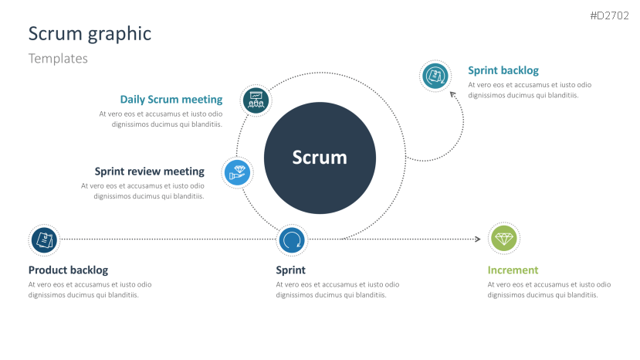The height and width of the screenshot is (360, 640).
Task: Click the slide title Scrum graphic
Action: pos(90,34)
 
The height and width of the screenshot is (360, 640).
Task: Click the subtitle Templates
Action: pos(58,59)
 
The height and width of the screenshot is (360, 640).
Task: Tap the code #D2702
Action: pos(610,15)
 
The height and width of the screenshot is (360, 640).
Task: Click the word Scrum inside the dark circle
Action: pos(320,158)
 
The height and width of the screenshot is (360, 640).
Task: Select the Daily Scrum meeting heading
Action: pos(171,100)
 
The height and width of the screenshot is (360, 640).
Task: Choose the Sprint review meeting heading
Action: pos(149,172)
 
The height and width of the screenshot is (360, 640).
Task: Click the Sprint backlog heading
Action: pos(503,70)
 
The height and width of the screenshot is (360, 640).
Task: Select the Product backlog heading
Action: pos(68,270)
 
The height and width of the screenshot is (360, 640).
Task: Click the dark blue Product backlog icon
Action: pos(44,239)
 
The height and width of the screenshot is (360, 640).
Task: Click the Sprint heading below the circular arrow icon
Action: pos(290,270)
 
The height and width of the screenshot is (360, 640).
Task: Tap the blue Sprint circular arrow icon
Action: pos(291,240)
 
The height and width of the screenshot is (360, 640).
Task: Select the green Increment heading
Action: pos(513,270)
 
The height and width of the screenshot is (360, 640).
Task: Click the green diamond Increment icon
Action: pos(505,239)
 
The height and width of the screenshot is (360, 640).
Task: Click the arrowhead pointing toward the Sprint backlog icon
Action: pos(453,95)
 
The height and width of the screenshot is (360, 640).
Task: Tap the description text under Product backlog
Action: pos(90,290)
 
